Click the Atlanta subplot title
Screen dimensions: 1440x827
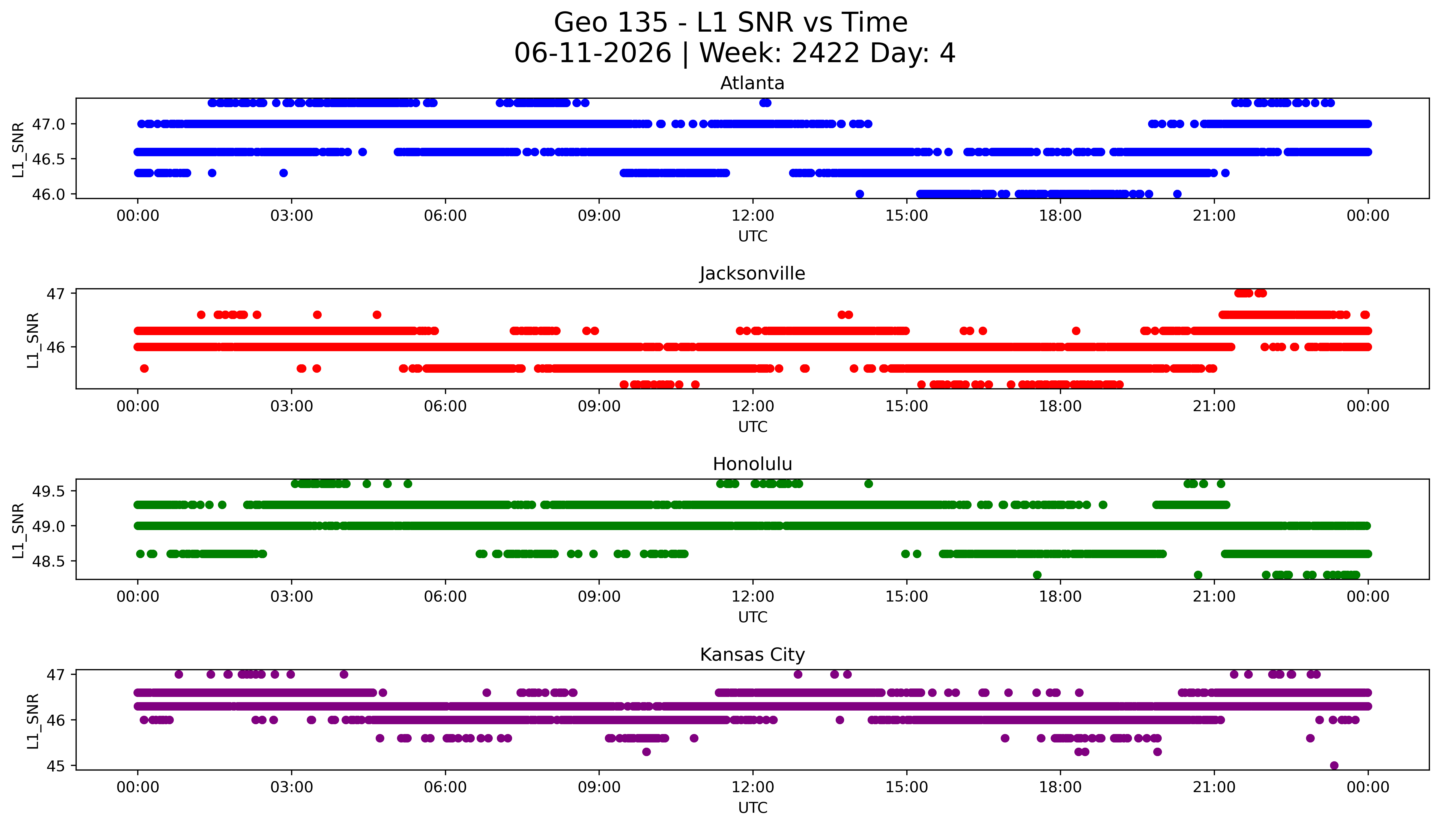[x=752, y=83]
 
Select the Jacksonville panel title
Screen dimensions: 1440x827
[x=752, y=274]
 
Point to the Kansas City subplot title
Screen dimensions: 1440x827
[x=752, y=655]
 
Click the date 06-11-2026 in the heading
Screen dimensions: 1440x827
[x=593, y=53]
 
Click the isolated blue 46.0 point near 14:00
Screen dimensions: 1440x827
[x=860, y=194]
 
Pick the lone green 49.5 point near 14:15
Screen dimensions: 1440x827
[x=868, y=484]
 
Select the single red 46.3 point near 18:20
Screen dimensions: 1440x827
[x=1076, y=330]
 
